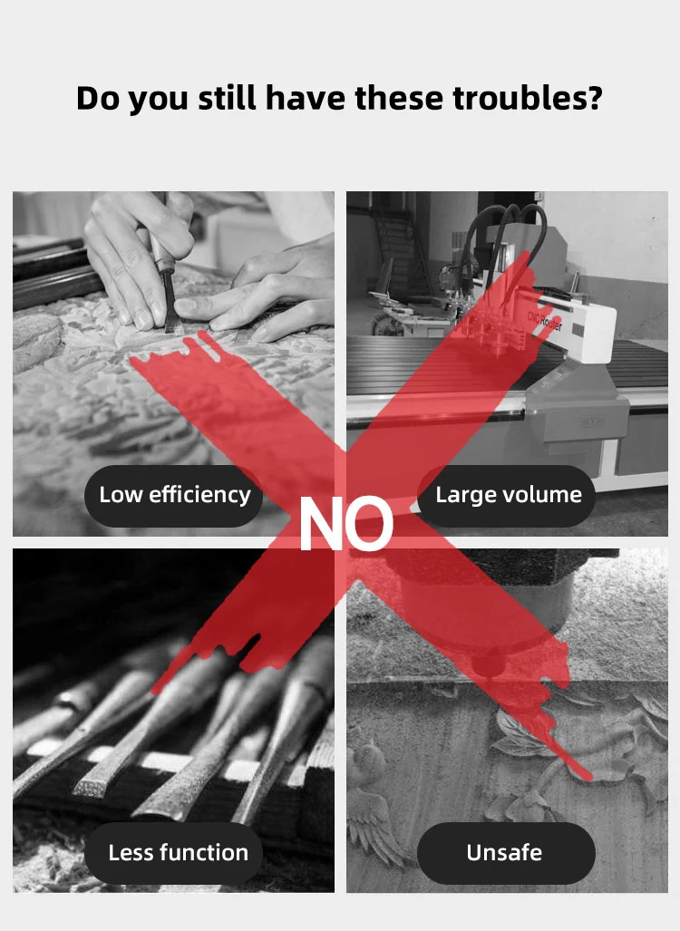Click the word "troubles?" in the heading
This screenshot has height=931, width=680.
tap(528, 98)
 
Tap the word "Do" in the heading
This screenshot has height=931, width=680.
tap(97, 98)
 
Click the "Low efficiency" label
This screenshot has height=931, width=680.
tap(175, 495)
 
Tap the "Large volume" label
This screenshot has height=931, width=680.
tap(508, 495)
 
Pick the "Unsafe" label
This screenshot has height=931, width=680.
tap(504, 853)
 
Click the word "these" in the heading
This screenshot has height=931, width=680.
tap(399, 98)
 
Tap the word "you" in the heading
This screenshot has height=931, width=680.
tap(159, 99)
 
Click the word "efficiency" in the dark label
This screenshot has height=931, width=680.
tap(199, 495)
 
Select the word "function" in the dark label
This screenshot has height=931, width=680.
tap(205, 853)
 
